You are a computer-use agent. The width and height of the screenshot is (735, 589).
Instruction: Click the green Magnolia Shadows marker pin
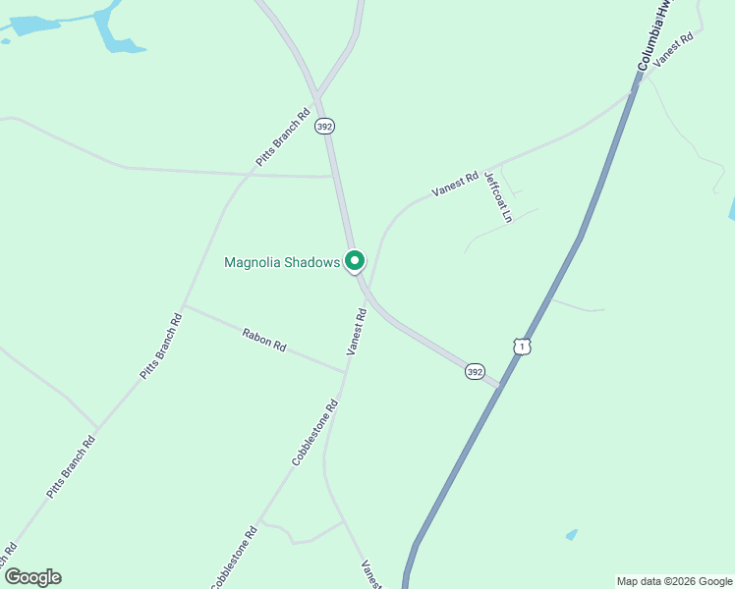click(x=354, y=261)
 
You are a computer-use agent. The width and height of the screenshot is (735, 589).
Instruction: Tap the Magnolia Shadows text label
click(x=282, y=262)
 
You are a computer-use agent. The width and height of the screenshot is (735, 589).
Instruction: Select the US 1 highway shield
click(x=522, y=347)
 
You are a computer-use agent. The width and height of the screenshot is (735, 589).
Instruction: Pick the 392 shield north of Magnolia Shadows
click(x=325, y=127)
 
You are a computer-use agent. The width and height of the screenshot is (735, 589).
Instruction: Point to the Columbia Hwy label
click(x=654, y=34)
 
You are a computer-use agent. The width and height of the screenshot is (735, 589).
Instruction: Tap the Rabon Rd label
click(x=264, y=340)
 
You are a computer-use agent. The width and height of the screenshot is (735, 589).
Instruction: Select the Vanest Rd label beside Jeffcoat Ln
click(x=455, y=182)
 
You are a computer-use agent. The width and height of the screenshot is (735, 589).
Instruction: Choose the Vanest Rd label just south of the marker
click(x=357, y=331)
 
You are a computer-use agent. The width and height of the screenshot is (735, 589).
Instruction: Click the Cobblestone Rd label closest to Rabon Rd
click(x=315, y=432)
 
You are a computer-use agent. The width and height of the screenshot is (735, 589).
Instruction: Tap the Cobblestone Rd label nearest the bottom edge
click(x=234, y=558)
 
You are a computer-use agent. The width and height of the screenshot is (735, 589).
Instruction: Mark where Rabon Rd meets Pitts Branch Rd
click(x=185, y=306)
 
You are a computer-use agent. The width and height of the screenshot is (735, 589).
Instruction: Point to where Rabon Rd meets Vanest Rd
click(x=345, y=372)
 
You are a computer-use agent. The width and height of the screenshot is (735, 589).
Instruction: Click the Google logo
click(x=32, y=577)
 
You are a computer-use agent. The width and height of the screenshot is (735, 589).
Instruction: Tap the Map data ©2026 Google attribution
click(x=674, y=581)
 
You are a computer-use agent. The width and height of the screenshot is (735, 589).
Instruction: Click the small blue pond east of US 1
click(x=572, y=534)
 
